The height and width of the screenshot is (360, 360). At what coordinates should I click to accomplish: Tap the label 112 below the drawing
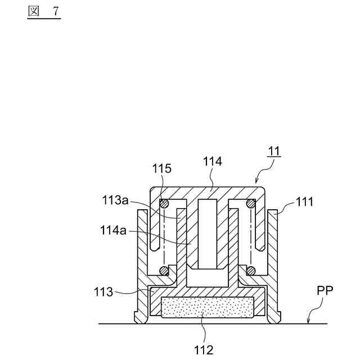coord(203,350)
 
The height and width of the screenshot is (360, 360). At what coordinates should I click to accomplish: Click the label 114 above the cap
coord(213,161)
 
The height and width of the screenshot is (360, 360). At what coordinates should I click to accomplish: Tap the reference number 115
coord(161,168)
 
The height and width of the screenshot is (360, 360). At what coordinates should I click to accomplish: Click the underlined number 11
coord(273,151)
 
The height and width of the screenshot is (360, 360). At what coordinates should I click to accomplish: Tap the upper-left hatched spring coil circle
coord(164,204)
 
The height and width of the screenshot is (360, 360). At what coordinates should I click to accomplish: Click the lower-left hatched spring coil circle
coord(164,271)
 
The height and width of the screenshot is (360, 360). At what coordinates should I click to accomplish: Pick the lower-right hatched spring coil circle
coord(251,271)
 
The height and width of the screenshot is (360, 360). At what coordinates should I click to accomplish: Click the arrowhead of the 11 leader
coord(257,182)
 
